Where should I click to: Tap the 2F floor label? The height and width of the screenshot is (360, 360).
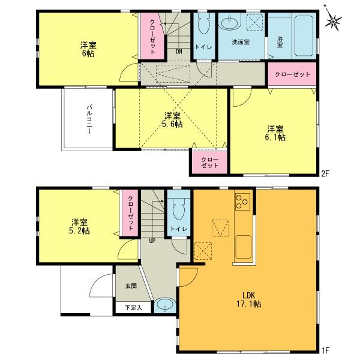[x=325, y=174]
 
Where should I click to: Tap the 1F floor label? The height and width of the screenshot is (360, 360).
[x=325, y=350]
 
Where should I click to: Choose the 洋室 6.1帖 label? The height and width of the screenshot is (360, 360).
[x=275, y=133]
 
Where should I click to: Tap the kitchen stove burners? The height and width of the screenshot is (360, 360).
[x=242, y=202]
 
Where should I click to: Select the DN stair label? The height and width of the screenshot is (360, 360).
[x=179, y=51]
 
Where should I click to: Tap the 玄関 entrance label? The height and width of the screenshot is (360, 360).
[x=130, y=286]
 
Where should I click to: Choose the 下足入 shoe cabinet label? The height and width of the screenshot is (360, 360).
[x=133, y=308]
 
